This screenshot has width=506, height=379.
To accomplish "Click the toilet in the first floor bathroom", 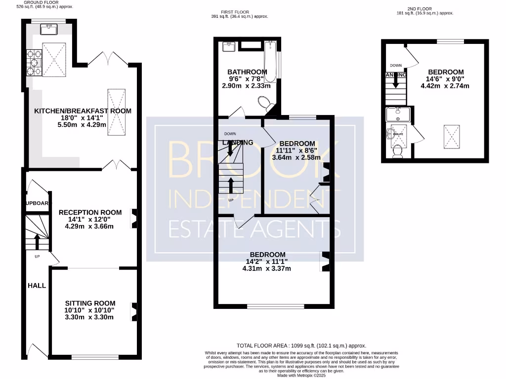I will click(266, 104).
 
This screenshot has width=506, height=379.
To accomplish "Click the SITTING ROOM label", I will click(90, 303).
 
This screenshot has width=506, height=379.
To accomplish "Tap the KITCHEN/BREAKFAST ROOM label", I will click(83, 111).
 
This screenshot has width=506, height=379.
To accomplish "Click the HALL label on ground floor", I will click(37, 285).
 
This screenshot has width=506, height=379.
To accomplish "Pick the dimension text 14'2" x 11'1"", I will click(266, 262).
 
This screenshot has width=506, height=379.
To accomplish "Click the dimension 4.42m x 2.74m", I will click(445, 86).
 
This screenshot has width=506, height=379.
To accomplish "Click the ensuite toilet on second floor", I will click(397, 151).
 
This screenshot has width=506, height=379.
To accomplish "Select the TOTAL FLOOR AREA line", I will click(301, 346).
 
